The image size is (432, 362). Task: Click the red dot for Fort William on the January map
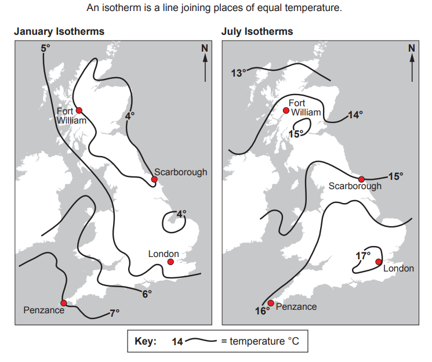click(79, 110)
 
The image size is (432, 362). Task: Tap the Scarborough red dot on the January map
click(154, 180)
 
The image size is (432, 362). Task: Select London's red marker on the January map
click(170, 262)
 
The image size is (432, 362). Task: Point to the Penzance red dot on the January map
click(64, 303)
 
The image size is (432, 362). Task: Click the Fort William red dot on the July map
click(286, 110)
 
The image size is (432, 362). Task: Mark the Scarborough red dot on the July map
click(361, 179)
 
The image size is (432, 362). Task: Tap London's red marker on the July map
click(379, 262)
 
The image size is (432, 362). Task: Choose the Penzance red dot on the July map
click(271, 303)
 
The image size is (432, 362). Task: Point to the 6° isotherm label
click(147, 294)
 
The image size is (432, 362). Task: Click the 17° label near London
click(362, 255)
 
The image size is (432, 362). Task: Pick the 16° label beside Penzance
click(262, 312)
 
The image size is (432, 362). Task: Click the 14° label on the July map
click(354, 115)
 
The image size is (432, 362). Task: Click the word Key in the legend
click(146, 342)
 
